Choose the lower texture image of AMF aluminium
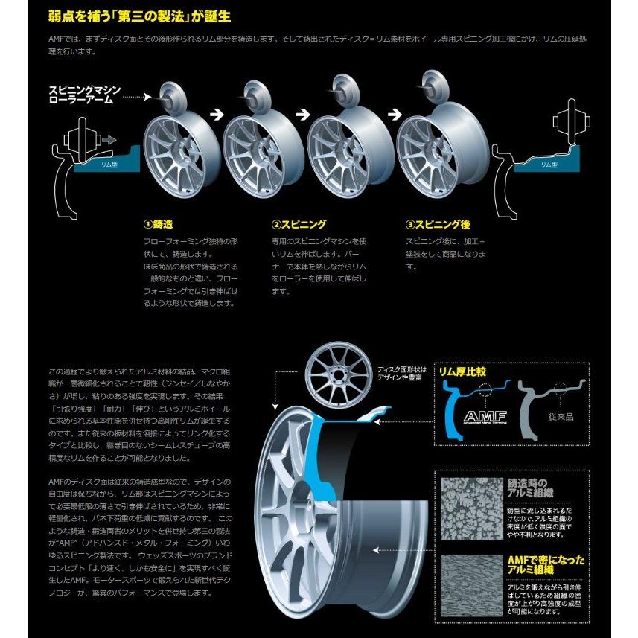471,587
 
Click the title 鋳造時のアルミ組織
531,488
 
